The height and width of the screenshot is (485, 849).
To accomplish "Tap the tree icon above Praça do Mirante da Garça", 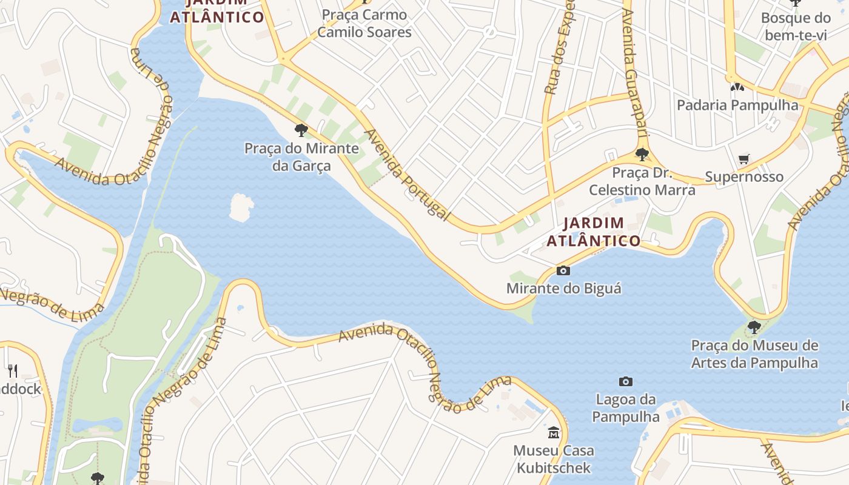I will click(301, 130).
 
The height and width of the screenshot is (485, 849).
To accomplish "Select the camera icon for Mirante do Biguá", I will click(563, 270).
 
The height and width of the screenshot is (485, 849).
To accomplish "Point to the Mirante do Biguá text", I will click(563, 289).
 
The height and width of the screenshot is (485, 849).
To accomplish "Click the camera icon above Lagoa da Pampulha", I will click(626, 381).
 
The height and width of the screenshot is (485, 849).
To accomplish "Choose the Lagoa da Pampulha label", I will click(626, 408).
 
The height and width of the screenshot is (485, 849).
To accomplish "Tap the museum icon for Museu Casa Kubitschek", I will click(554, 433).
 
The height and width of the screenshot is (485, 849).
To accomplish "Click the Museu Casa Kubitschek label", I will click(554, 459).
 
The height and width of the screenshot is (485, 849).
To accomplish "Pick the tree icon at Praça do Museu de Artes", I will click(754, 327).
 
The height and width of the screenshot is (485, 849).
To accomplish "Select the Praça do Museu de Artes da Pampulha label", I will click(754, 355).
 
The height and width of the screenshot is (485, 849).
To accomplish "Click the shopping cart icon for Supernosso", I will click(744, 159).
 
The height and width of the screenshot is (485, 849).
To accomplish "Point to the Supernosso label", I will click(744, 177).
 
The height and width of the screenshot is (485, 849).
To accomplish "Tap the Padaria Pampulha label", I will click(737, 105).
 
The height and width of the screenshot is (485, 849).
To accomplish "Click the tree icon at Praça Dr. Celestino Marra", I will click(642, 154).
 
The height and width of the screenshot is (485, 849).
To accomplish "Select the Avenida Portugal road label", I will click(407, 175).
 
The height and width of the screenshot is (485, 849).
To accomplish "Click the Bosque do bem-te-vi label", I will click(795, 26).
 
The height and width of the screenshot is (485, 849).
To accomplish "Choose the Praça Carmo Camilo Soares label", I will click(364, 23).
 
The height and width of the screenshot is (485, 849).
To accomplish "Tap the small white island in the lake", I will click(241, 207).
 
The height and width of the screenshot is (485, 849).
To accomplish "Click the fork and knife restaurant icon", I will click(12, 370).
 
